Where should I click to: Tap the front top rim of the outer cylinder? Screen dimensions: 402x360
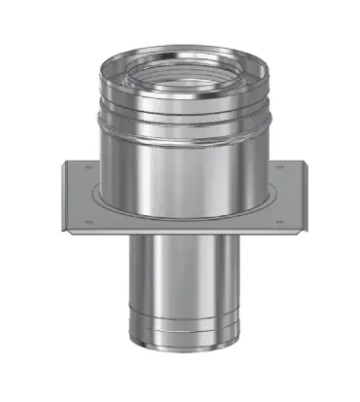click(x=180, y=92)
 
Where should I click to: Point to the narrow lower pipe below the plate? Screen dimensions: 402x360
click(x=180, y=292)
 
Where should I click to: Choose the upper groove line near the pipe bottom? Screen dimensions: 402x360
click(x=180, y=346)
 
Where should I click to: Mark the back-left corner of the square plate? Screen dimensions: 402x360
click(x=65, y=157)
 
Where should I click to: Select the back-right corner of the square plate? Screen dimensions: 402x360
click(x=294, y=157)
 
